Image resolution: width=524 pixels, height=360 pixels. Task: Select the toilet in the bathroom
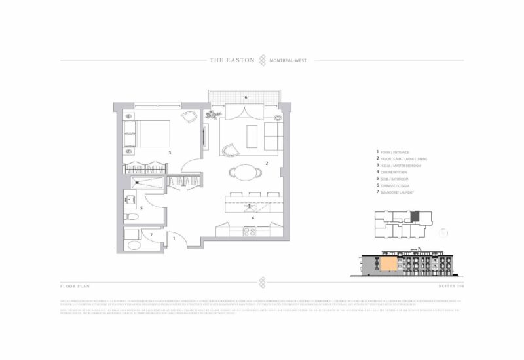[130, 215]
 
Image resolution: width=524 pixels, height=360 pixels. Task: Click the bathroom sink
[130, 197]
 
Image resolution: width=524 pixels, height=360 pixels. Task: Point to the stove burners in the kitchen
[250, 231]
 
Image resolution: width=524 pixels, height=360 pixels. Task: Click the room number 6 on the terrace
[246, 98]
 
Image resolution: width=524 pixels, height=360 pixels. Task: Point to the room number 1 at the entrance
[174, 239]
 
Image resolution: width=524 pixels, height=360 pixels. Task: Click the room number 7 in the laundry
[151, 234]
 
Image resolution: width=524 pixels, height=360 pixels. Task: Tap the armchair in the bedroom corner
[189, 117]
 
